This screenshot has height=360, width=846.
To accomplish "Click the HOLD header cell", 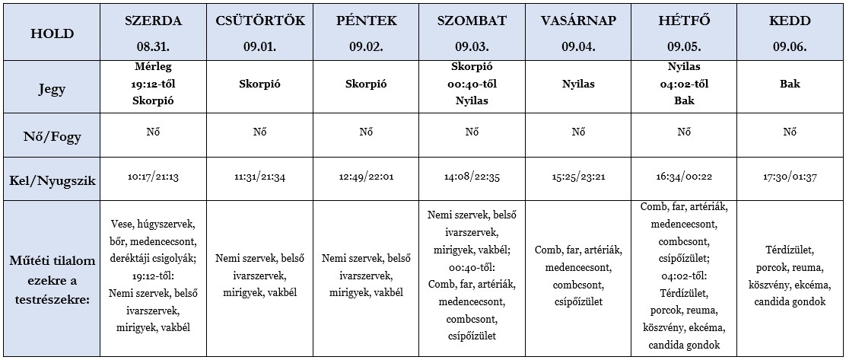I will tap(51, 33).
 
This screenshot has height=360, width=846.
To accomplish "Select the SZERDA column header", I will tap(153, 21).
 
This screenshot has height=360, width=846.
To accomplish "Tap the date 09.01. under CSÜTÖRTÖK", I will tap(260, 46).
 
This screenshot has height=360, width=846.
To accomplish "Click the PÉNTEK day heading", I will tap(366, 21).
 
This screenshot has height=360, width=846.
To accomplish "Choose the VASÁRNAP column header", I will tap(577, 21).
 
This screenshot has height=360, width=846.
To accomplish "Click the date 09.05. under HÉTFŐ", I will tap(684, 46).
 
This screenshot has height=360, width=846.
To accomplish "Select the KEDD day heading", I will tap(790, 21).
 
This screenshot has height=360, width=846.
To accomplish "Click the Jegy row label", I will tap(51, 88).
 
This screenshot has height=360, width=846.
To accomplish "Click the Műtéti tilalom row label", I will tap(51, 279).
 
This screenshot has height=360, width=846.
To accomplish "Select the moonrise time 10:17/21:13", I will tap(153, 177).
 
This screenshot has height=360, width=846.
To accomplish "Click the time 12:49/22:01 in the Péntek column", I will tap(366, 177).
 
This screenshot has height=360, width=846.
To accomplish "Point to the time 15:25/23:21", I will tap(577, 177).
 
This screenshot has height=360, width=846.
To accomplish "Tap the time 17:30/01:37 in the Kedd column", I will tap(790, 177).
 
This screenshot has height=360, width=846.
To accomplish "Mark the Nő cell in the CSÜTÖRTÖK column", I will tap(260, 132).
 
